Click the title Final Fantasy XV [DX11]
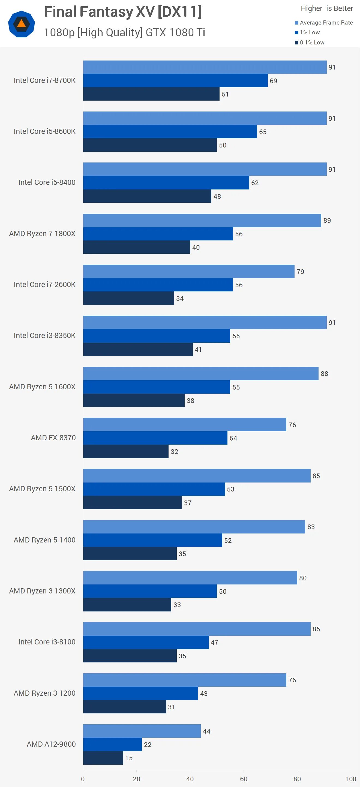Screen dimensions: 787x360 [122, 12]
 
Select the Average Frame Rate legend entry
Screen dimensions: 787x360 [324, 23]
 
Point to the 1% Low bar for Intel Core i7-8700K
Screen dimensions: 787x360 [175, 81]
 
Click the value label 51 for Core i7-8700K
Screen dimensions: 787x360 [225, 94]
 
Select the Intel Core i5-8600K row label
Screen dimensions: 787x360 [45, 131]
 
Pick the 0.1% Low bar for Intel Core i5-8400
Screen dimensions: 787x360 [147, 196]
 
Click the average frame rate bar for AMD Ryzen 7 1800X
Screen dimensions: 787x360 [202, 220]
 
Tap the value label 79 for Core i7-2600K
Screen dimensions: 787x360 [300, 272]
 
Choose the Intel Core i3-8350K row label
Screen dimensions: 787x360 [45, 336]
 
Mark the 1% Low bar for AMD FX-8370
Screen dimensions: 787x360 [155, 438]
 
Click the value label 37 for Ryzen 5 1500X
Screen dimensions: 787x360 [188, 503]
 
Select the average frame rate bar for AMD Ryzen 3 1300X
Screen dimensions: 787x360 [190, 578]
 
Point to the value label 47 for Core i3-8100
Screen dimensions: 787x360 [215, 643]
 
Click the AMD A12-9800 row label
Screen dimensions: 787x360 [51, 744]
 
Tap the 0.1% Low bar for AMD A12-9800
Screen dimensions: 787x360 [103, 758]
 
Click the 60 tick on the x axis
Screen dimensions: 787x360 [244, 779]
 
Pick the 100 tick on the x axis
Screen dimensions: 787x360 [350, 779]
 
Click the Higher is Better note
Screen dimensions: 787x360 [327, 8]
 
